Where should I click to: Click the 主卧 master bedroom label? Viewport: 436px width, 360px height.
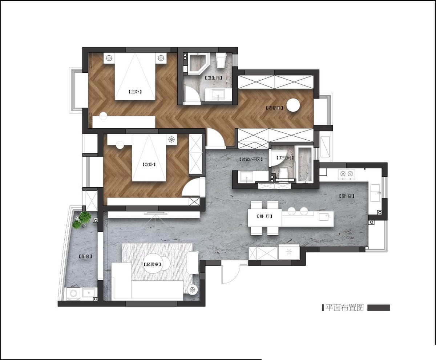pos(135,92)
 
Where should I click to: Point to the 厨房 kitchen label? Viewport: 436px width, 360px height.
pos(347,196)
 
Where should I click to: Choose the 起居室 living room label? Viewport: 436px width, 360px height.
pos(153,264)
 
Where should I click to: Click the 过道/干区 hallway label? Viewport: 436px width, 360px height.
pos(251,159)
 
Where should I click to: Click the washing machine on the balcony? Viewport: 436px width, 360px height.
pos(74,293)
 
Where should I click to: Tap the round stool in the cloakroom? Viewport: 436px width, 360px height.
pos(293,105)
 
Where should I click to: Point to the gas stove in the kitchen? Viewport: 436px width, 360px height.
pos(346,174)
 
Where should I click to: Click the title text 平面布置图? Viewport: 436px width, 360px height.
pos(344,308)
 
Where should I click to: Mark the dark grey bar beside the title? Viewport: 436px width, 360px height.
pos(378,308)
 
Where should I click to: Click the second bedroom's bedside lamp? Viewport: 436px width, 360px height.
pos(171,139)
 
